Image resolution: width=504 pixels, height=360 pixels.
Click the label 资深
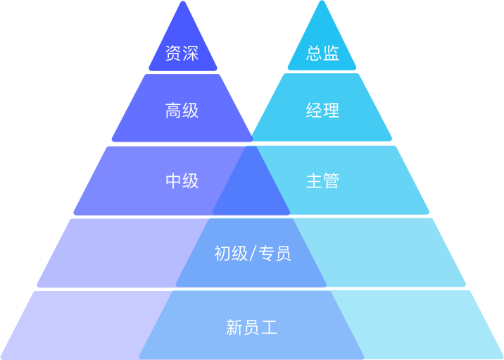point(182,54)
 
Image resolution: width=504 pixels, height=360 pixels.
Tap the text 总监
point(323,54)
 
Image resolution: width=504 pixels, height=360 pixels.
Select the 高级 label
point(182,111)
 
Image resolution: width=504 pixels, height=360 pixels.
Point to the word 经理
point(323,111)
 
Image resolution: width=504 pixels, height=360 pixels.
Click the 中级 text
point(182,181)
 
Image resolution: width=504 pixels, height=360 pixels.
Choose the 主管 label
point(323,181)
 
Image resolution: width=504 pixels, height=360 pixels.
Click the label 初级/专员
point(252,254)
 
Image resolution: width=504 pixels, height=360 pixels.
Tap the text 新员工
point(252,328)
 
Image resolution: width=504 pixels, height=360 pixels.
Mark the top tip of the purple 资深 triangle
point(183,3)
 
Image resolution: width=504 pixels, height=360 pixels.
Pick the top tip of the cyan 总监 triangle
point(322,3)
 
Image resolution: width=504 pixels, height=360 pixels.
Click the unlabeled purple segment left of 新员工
point(84,324)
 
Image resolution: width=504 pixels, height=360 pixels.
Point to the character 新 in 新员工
point(234,328)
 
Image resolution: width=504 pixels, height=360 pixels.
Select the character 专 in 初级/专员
point(266,254)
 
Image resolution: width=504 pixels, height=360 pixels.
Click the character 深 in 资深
point(190,54)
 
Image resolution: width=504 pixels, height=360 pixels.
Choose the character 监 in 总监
point(332,54)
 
